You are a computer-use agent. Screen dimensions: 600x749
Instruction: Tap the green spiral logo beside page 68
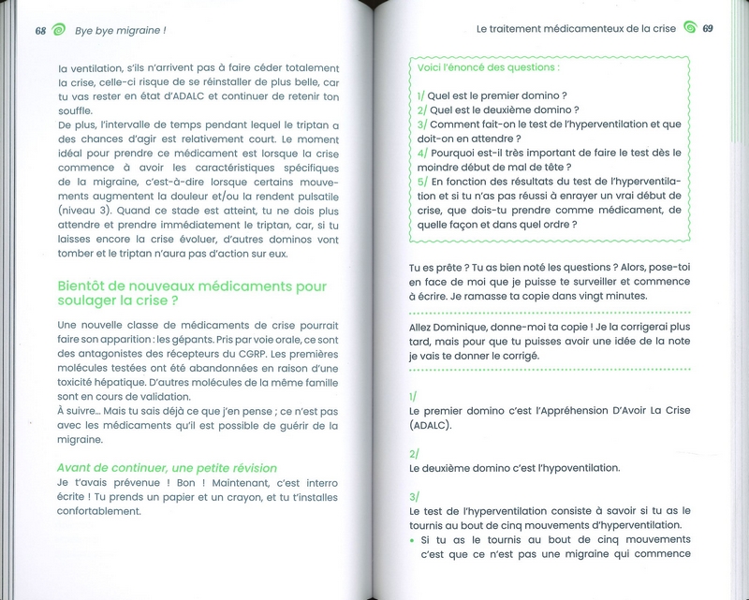(x=61, y=29)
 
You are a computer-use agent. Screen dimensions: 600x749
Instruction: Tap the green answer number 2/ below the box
(x=415, y=452)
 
